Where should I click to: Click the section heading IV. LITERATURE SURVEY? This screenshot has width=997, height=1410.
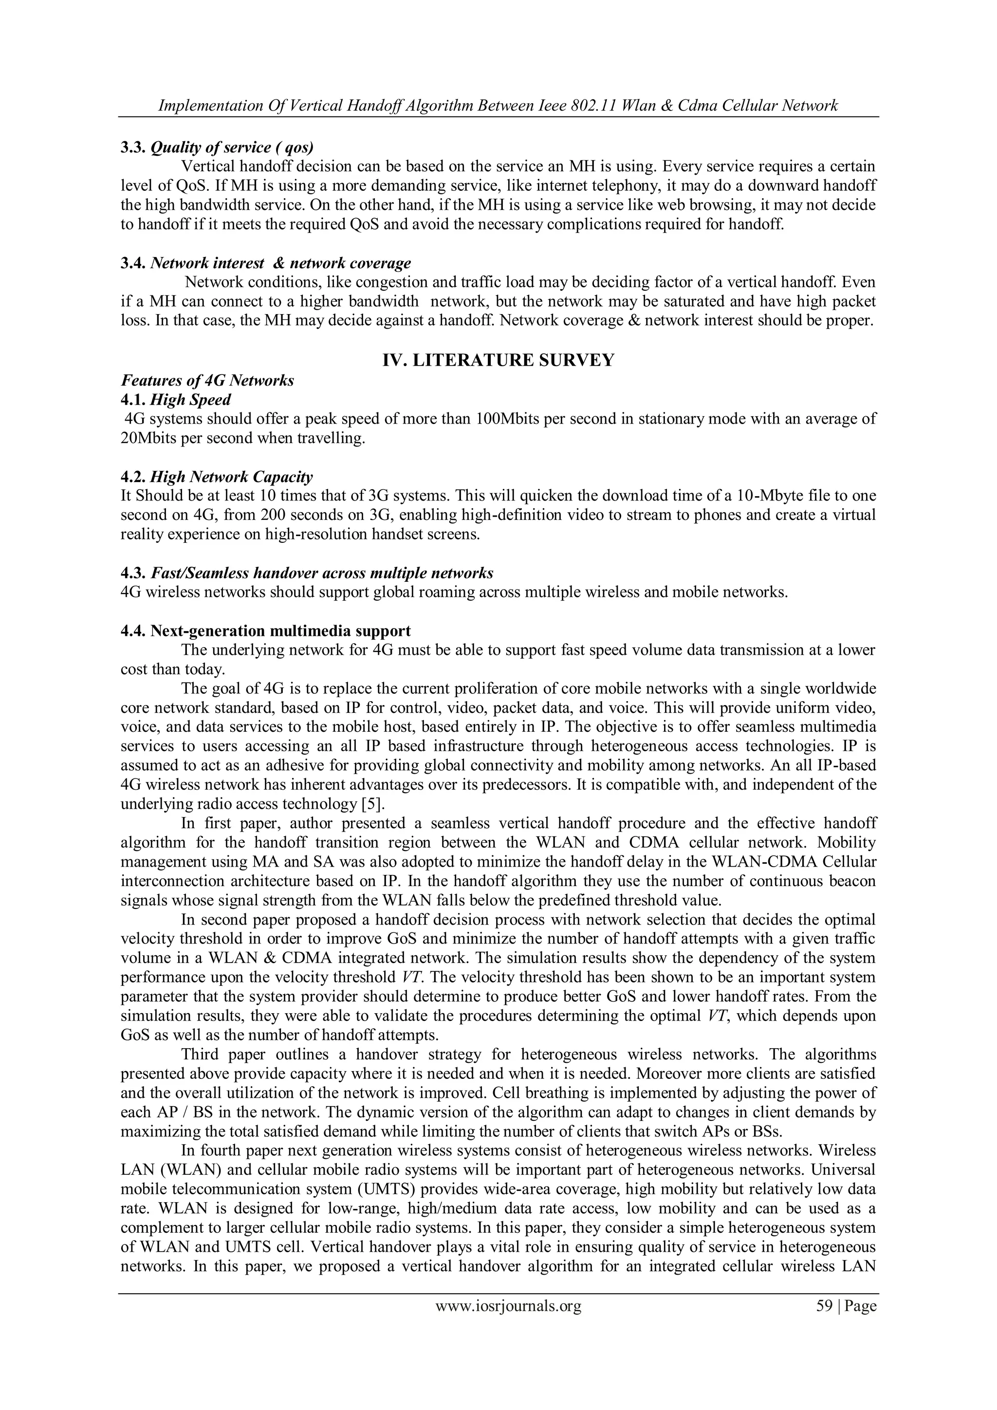coord(498,360)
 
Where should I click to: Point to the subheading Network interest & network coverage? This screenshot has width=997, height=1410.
coord(280,263)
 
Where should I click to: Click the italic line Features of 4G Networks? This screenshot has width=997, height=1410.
coord(207,381)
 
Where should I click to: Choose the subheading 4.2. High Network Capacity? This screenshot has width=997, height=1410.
coord(217,477)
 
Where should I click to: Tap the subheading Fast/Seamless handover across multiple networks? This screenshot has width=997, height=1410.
coord(322,573)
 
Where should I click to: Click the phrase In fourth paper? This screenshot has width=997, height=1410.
coord(234,1151)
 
